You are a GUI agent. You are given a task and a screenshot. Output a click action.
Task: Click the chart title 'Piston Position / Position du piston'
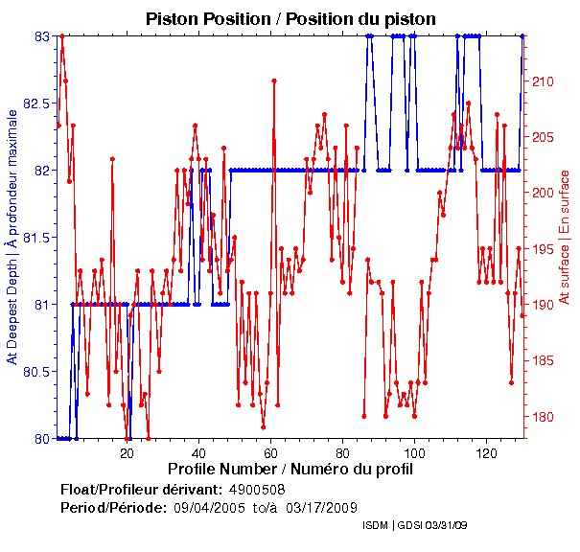[290, 18]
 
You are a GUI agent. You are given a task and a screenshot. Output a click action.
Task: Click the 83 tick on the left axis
[42, 36]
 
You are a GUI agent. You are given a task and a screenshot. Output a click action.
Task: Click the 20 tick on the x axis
[128, 451]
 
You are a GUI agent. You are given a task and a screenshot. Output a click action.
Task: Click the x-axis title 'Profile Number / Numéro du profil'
[290, 470]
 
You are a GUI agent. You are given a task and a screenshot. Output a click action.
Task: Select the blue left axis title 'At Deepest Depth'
[12, 237]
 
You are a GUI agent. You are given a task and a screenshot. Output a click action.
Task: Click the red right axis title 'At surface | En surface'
[565, 237]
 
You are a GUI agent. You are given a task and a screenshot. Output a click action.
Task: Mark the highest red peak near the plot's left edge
[61, 36]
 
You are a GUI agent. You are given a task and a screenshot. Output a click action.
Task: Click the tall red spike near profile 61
[274, 80]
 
